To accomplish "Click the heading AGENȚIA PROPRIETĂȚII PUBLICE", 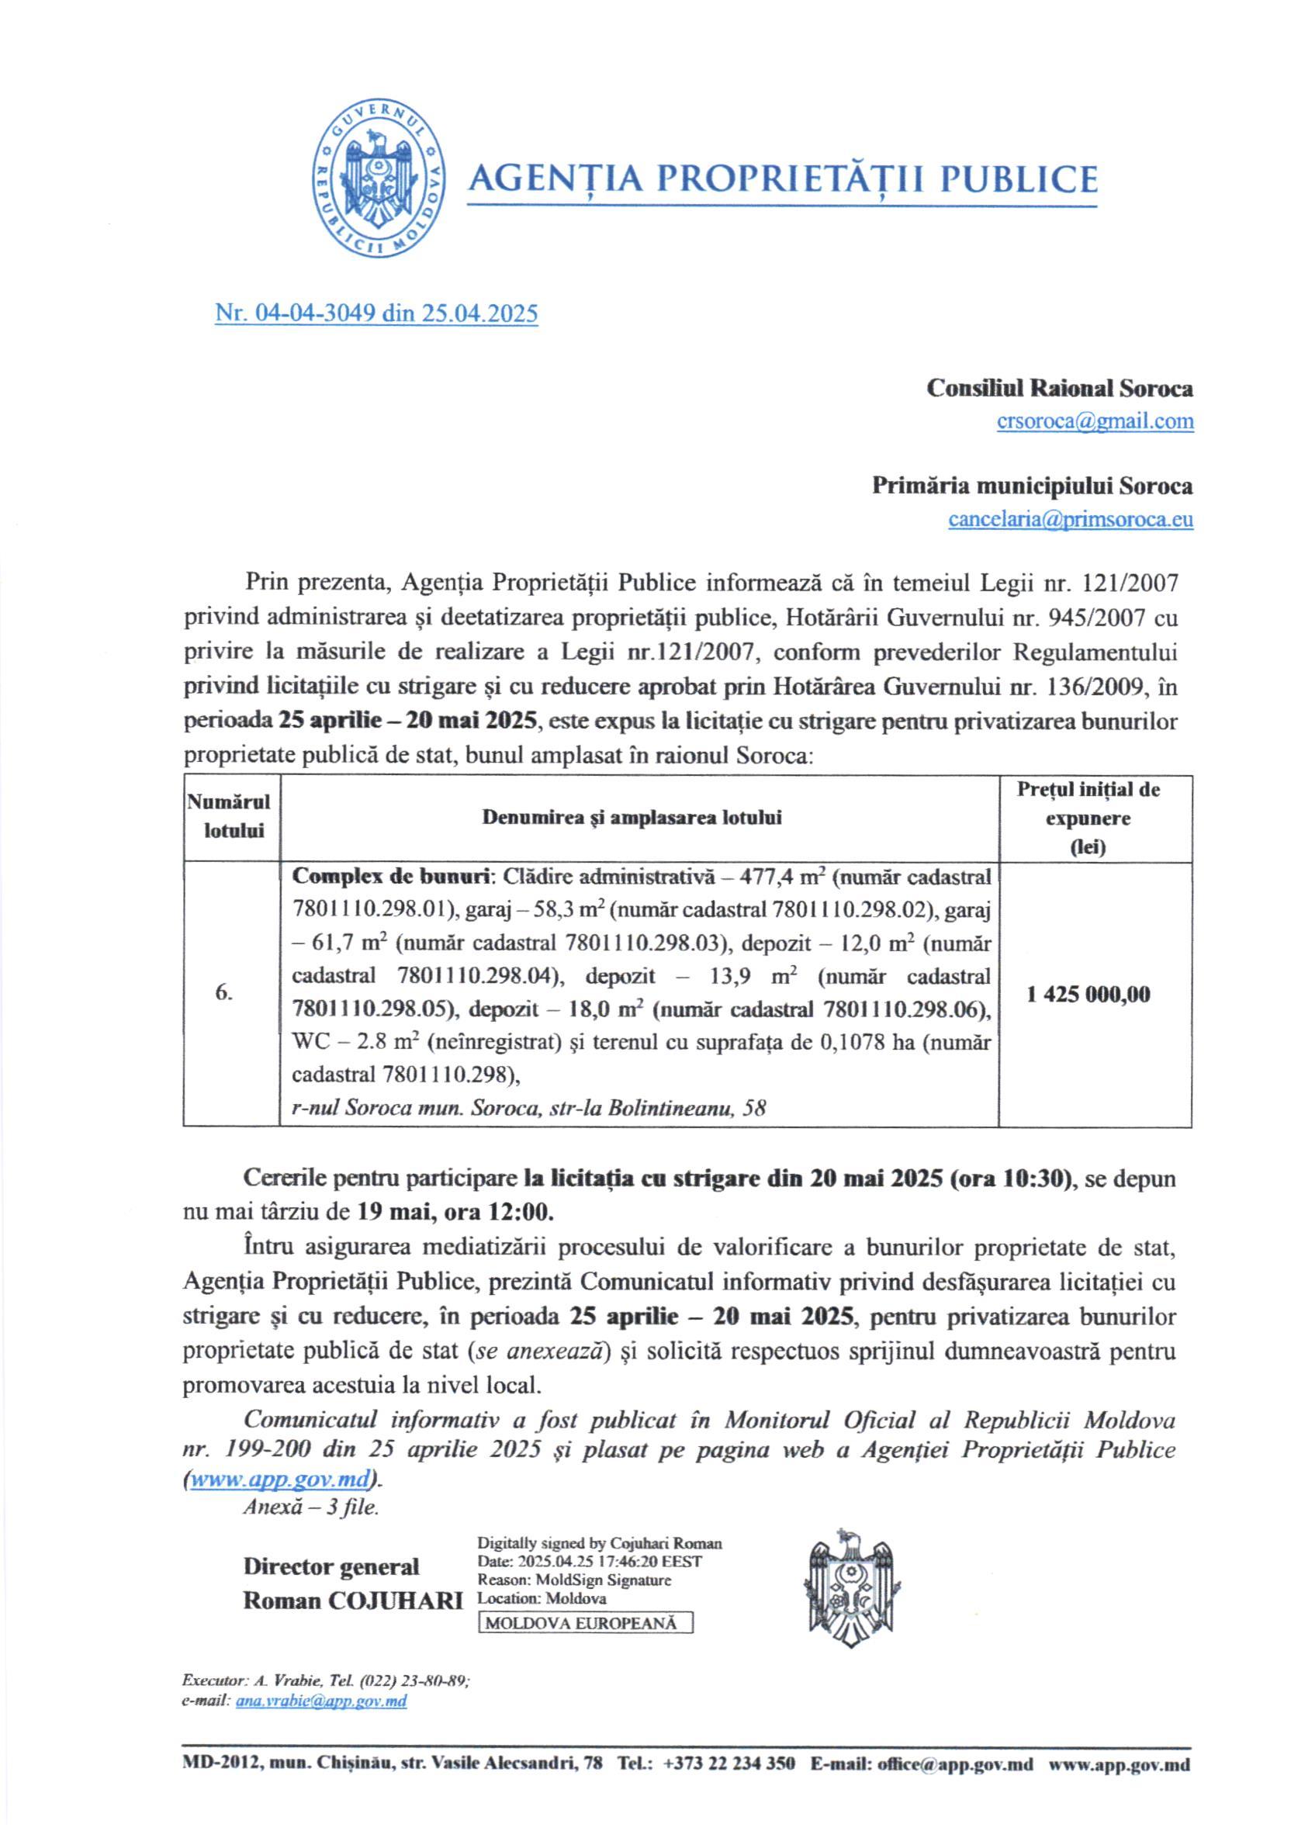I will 781,178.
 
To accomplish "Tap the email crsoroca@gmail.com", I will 1095,421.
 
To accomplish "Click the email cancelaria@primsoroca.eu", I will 1070,519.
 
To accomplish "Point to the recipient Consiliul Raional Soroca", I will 1059,389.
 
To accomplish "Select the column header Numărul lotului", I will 233,817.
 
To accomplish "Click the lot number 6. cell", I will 224,993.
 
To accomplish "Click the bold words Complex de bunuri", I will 391,877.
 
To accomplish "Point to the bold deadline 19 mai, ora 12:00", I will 454,1212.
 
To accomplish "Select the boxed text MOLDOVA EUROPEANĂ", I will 585,1601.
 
